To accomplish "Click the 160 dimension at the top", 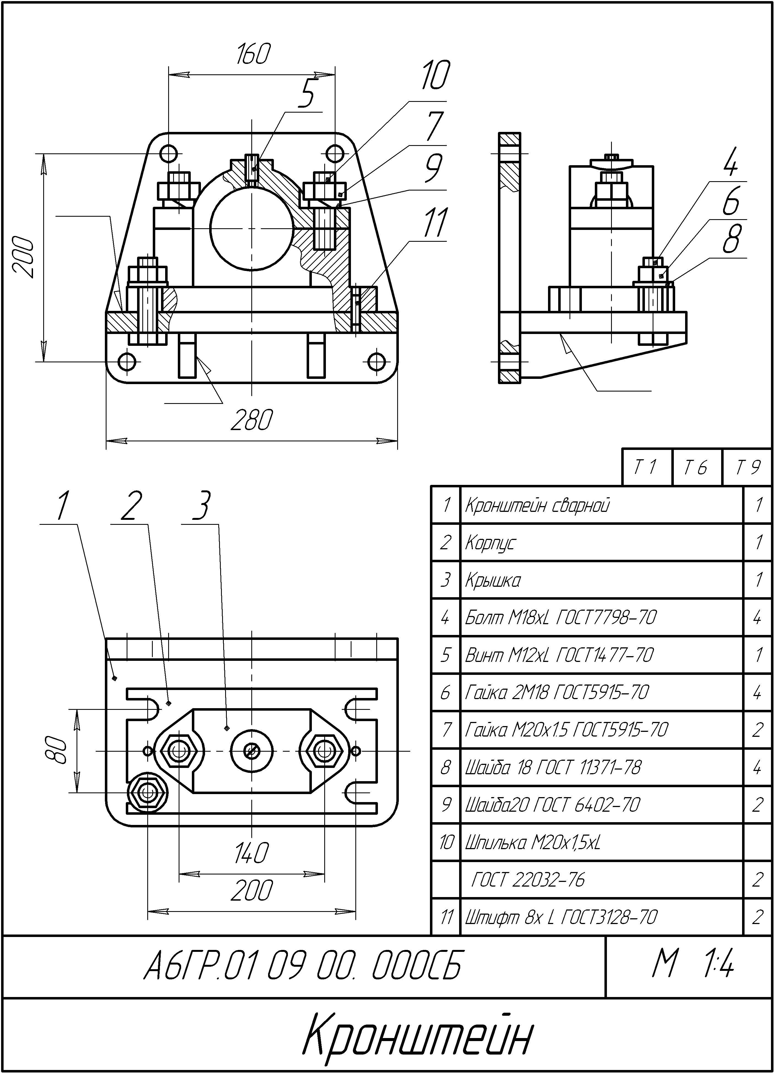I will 253,54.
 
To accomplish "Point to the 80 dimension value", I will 57,750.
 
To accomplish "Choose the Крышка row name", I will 493,580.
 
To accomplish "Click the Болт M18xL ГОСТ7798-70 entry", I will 561,617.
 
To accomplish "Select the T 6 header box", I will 696,468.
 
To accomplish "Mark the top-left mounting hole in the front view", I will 169,153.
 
